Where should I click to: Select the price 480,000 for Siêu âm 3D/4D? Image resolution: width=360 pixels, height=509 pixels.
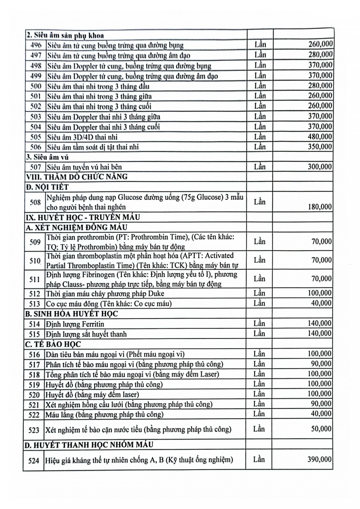point(319,137)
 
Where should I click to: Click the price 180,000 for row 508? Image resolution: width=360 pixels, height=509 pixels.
point(319,207)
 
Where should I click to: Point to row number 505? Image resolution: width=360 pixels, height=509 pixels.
point(35,137)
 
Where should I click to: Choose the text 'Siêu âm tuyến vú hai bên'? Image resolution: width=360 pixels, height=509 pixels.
point(85,167)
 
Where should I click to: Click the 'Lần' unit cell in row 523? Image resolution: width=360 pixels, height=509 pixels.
point(259,429)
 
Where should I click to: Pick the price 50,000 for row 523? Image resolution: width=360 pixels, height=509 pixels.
point(321,429)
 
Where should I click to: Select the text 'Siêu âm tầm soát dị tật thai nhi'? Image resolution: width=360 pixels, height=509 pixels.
point(93,147)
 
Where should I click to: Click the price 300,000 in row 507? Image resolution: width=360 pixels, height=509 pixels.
point(319,167)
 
